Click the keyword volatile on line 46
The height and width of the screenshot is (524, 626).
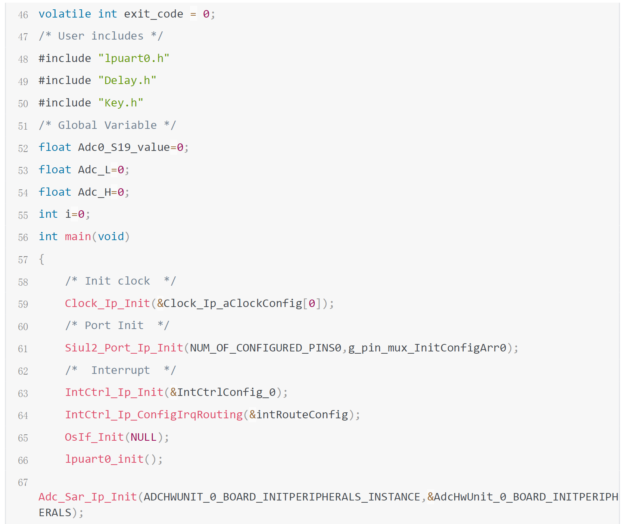(x=65, y=14)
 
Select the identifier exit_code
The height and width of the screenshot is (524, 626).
(x=153, y=14)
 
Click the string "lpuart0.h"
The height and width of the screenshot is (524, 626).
(x=134, y=59)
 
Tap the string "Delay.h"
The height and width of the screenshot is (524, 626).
(x=127, y=81)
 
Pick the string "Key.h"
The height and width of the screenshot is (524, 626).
(x=121, y=103)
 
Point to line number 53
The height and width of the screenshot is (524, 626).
(x=23, y=171)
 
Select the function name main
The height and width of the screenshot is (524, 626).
(x=78, y=237)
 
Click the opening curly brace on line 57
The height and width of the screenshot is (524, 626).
(x=41, y=259)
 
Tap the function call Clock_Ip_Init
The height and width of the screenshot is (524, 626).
(x=107, y=304)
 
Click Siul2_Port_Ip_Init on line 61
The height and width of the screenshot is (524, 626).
(x=124, y=348)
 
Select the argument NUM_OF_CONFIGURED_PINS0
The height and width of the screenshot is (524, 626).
(x=265, y=348)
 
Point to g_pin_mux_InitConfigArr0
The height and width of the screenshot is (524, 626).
(x=427, y=348)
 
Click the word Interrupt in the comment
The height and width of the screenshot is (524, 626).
(x=121, y=370)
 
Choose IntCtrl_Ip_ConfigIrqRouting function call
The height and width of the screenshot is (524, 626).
(x=154, y=415)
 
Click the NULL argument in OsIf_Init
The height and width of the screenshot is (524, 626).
(x=143, y=437)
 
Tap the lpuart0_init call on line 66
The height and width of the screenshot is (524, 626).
(x=104, y=459)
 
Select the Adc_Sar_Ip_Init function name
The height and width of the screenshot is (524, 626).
(x=88, y=497)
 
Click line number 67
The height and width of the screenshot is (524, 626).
(x=23, y=483)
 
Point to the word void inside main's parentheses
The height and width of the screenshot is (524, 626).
(x=111, y=237)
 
